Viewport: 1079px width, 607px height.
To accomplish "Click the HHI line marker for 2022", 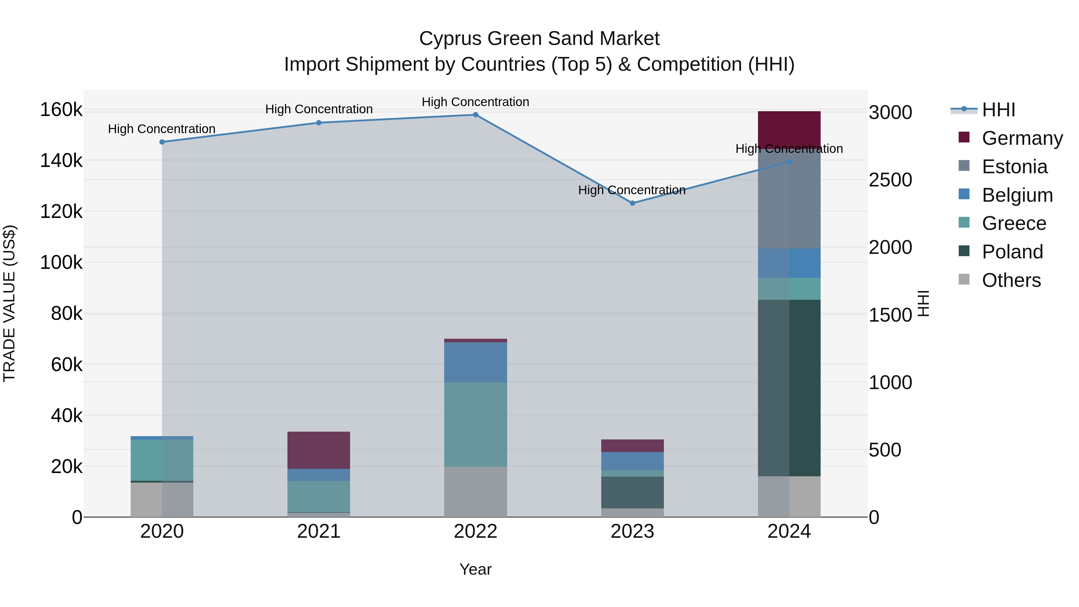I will click(x=475, y=115).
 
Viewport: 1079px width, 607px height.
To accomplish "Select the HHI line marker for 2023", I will click(x=632, y=203).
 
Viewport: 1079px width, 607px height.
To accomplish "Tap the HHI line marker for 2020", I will click(x=162, y=142).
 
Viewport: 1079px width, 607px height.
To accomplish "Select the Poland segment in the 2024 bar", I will click(x=789, y=388).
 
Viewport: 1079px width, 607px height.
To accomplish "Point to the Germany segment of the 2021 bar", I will click(x=319, y=450).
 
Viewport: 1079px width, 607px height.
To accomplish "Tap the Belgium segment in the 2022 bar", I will click(x=475, y=362).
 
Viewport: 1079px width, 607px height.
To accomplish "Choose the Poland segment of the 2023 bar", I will click(x=632, y=492).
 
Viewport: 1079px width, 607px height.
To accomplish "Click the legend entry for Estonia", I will click(x=1014, y=167).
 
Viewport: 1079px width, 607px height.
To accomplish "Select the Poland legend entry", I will click(x=1012, y=252).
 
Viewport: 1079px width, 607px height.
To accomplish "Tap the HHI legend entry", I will click(x=998, y=110).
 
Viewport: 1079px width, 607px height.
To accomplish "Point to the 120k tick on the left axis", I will click(x=61, y=212).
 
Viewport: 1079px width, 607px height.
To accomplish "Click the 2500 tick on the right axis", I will click(x=890, y=180).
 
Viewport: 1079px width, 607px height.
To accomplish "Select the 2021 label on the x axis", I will click(x=319, y=531).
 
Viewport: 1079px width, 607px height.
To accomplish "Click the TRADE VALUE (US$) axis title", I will click(x=9, y=303).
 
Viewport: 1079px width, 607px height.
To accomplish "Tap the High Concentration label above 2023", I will click(x=632, y=190).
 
